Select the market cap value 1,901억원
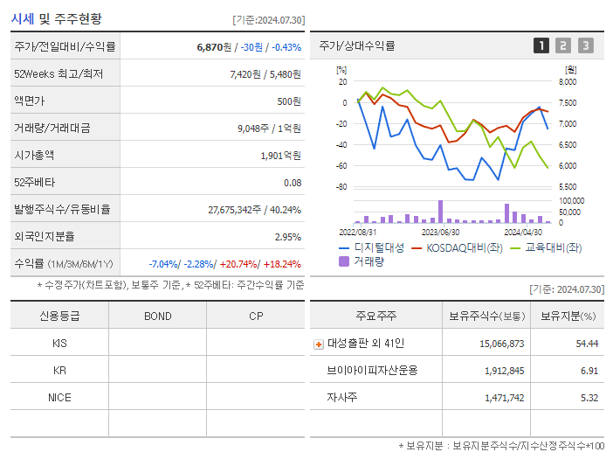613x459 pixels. [281, 155]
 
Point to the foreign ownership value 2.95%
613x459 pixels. [287, 236]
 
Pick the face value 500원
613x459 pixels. [289, 101]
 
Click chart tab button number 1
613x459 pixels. [541, 45]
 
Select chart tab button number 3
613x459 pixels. [585, 45]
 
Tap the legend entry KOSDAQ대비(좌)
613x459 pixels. [458, 247]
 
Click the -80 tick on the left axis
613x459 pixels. [341, 187]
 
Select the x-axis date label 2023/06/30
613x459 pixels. [440, 233]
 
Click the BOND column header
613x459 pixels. [157, 316]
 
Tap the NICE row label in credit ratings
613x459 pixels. [59, 397]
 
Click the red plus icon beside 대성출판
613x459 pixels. [318, 344]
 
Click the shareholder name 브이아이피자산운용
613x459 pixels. [372, 371]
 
